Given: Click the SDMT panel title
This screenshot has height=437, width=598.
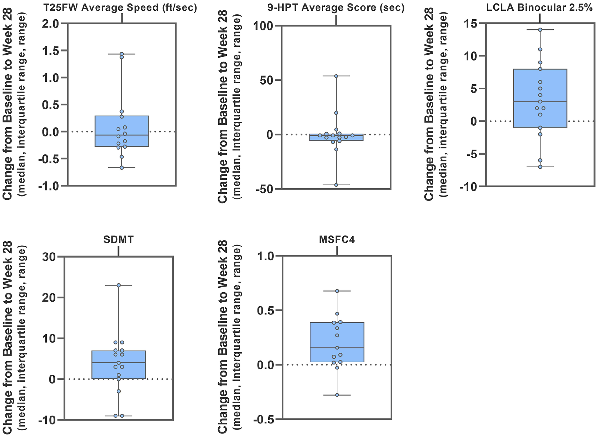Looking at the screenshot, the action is click(x=118, y=240).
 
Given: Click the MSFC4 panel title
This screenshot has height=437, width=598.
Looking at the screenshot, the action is click(x=337, y=240).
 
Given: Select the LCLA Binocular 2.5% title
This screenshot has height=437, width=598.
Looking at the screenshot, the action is click(x=542, y=8).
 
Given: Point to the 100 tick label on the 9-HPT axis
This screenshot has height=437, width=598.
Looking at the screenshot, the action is click(x=263, y=26).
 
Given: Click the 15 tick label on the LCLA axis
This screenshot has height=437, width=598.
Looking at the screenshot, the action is click(x=470, y=24).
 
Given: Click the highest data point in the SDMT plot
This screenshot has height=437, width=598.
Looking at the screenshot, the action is click(x=119, y=285).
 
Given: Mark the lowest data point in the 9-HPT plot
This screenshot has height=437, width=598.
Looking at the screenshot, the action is click(x=336, y=185).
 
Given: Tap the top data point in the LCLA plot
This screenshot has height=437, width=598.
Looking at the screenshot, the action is click(x=540, y=30).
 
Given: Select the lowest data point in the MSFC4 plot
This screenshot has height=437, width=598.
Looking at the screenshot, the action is click(x=337, y=395).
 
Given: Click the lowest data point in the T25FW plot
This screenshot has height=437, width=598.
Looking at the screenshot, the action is click(x=121, y=168).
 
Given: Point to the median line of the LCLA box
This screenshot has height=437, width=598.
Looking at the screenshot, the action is click(x=540, y=102).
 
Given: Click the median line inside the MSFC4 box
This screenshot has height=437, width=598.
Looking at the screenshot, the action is click(x=337, y=348).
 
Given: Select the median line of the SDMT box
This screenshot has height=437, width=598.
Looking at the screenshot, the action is click(x=119, y=363).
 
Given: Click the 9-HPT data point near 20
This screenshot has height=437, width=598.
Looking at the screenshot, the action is click(x=336, y=113).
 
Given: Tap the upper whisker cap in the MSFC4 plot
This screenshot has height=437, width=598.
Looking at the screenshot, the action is click(x=337, y=291).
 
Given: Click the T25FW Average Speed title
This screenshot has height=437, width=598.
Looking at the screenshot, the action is click(x=120, y=8).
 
